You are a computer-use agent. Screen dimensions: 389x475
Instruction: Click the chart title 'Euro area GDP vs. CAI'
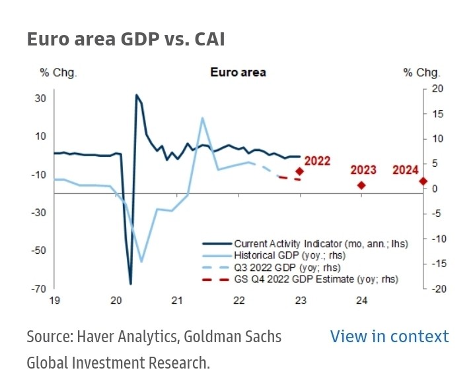tap(126, 40)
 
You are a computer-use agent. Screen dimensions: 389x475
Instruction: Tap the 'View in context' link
tap(389, 336)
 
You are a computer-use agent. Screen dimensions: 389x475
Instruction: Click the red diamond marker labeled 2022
tap(299, 171)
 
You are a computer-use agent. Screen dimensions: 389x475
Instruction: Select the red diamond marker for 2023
tap(361, 185)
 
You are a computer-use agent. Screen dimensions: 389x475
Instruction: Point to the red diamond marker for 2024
tap(423, 181)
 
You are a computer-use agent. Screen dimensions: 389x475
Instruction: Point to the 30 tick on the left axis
tap(40, 98)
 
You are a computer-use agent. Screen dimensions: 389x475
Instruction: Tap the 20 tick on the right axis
tap(436, 88)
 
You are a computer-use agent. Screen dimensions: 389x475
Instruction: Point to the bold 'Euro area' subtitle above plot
tap(238, 72)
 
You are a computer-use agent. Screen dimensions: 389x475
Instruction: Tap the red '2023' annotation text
tap(363, 170)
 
